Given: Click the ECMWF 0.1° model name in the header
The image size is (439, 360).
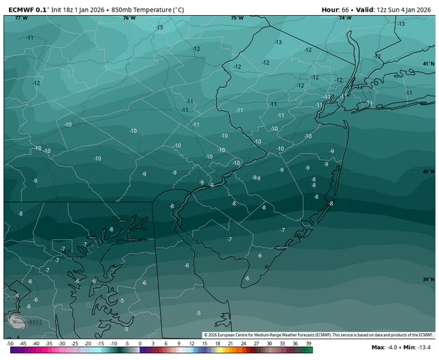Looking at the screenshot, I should tap(27, 10).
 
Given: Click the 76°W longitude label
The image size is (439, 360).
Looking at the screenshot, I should tap(128, 18).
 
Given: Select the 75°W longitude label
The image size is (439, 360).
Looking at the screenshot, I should tap(237, 18).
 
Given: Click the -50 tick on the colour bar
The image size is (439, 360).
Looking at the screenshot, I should tap(10, 343).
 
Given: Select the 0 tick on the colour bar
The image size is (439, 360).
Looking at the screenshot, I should tap(140, 343).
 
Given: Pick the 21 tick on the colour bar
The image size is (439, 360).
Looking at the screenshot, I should tap(230, 343).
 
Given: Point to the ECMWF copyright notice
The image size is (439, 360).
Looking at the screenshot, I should tap(318, 335).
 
